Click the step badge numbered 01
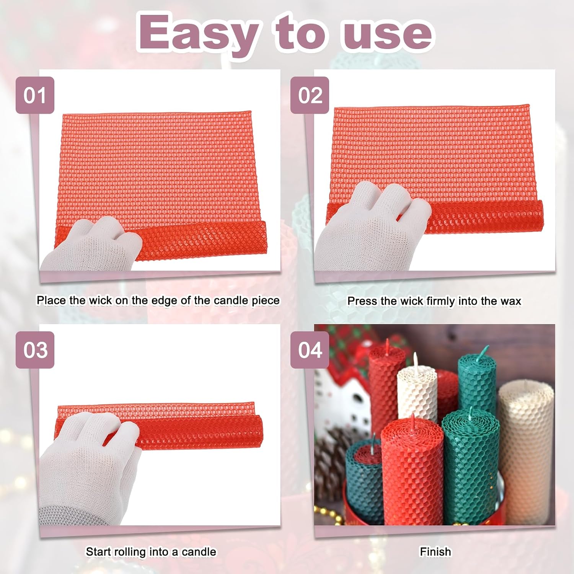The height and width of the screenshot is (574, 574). pos(35,95)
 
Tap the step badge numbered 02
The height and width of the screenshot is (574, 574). pos(310,95)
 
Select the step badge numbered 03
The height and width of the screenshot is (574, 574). pos(35,350)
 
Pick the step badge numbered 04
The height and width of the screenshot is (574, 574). pos(310,350)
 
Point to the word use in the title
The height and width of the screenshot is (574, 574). pos(387,35)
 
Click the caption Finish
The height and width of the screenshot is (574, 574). pos(435,551)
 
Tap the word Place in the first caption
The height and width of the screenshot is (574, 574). pos(51,300)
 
